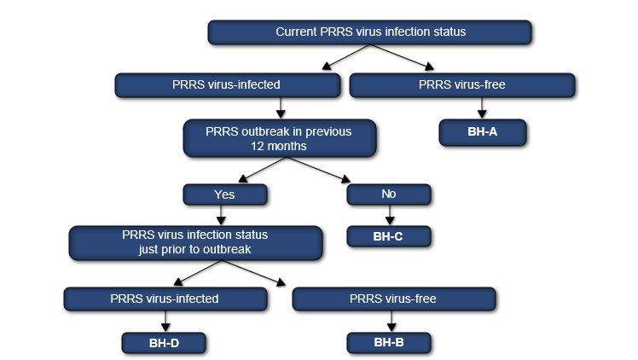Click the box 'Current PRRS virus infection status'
pos(370,32)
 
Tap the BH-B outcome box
pos(390,342)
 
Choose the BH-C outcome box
pos(390,237)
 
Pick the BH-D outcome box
pos(165,342)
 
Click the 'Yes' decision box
pos(225,195)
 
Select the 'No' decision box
pos(390,195)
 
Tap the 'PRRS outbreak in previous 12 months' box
pos(279,139)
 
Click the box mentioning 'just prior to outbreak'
pos(196,242)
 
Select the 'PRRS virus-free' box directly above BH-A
pos(461,84)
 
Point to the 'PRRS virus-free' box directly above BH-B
pos(393,299)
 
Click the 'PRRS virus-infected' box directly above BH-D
pos(165,299)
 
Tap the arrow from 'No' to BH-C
pos(390,216)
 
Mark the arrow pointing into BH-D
pos(165,321)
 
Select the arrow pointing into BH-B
pos(390,321)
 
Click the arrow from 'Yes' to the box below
pos(225,216)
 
